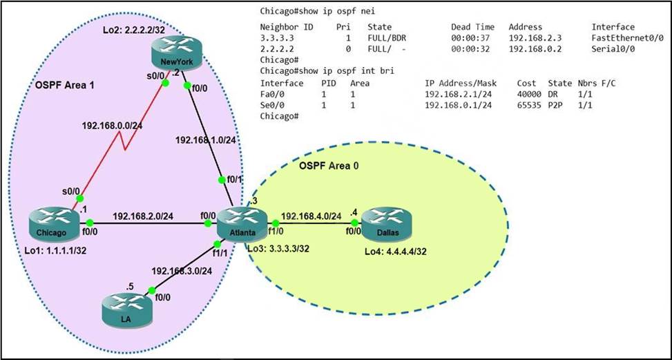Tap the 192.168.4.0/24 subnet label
tap(312, 215)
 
